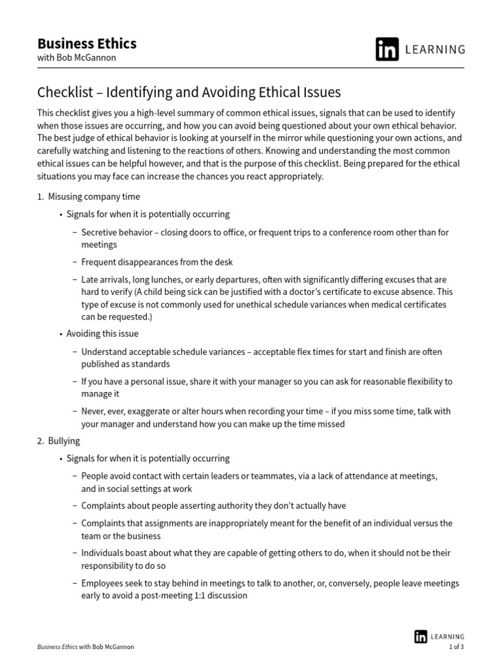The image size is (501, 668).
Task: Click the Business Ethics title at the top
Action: click(87, 44)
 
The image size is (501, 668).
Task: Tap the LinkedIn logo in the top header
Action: click(387, 50)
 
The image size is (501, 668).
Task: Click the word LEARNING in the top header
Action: click(436, 50)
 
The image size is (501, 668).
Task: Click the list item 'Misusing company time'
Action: click(93, 196)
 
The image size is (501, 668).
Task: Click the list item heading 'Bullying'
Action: click(64, 441)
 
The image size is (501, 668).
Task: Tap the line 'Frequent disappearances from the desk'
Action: click(157, 262)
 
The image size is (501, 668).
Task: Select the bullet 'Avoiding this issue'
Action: click(102, 333)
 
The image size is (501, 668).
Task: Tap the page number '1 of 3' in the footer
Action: click(457, 647)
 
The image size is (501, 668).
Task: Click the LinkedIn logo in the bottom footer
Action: click(421, 637)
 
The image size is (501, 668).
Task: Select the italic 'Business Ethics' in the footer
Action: click(57, 647)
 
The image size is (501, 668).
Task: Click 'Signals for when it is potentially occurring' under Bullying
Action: click(147, 459)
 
